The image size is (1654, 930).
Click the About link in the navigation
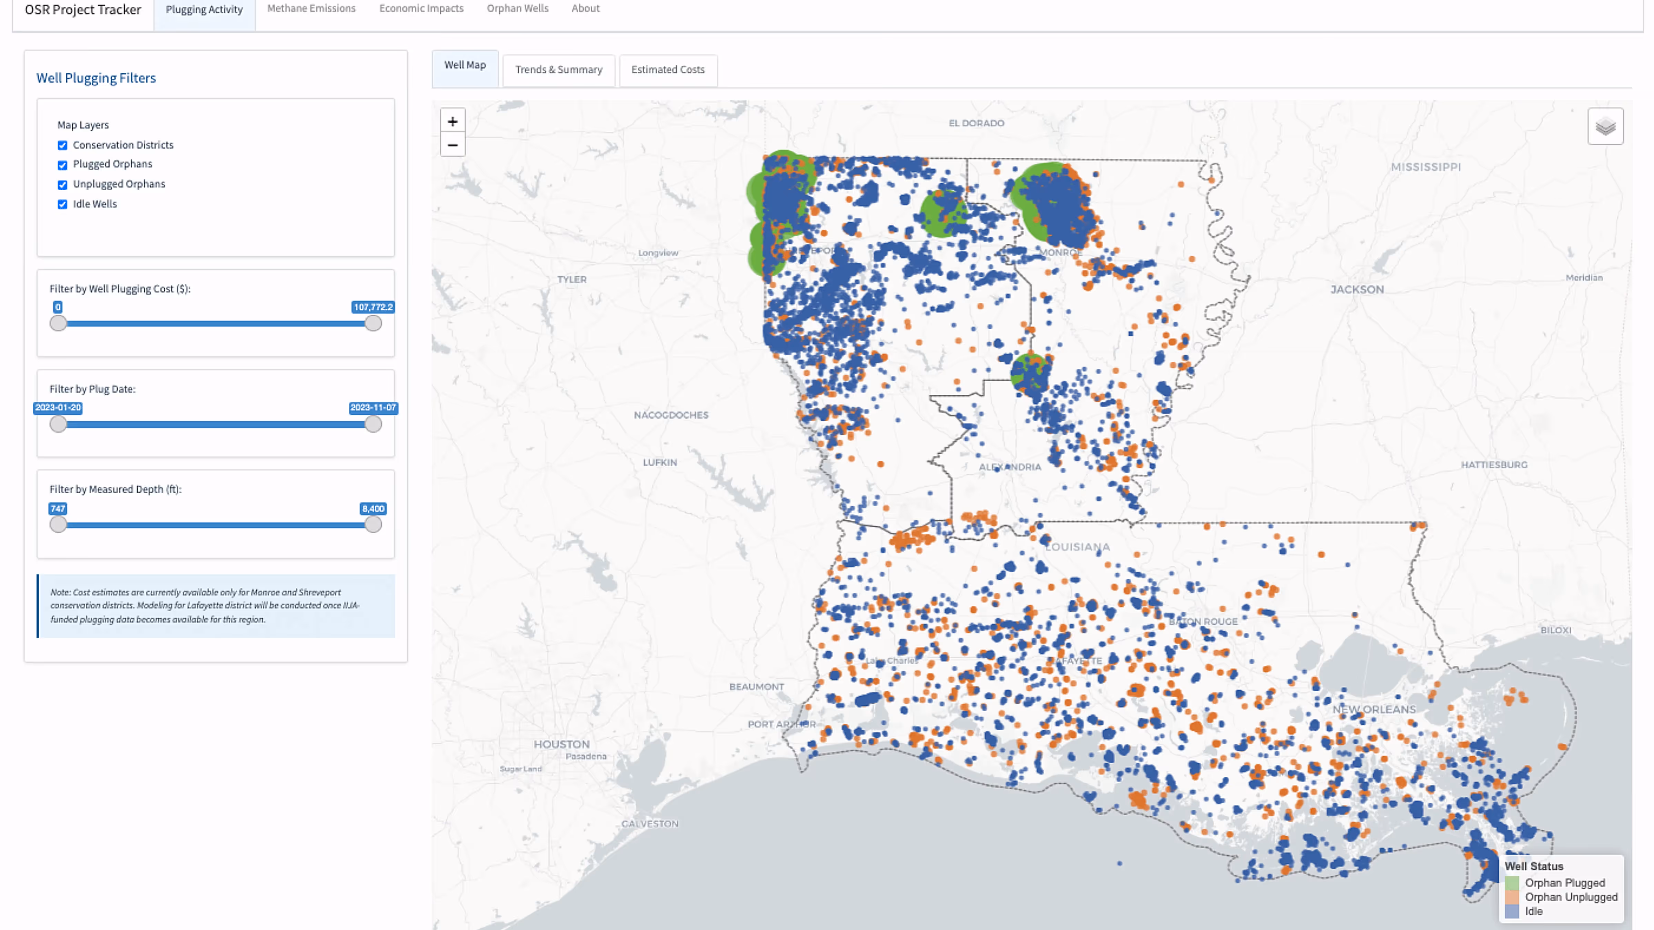tap(585, 8)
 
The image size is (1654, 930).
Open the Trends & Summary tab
tap(558, 69)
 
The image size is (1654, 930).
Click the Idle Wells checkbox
tap(62, 204)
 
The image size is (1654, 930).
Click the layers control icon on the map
tap(1605, 126)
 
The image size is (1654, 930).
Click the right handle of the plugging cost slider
tap(373, 323)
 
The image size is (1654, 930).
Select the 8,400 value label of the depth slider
tap(373, 508)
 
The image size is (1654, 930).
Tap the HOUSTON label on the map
tap(561, 744)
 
